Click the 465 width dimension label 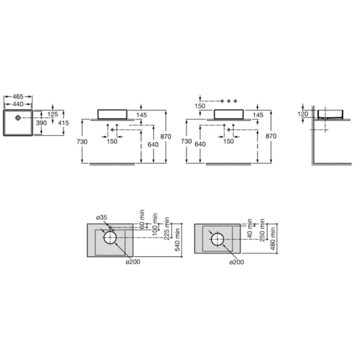tap(18, 97)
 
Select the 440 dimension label tap(18, 104)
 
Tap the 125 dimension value tap(53, 115)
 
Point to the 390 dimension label tap(41, 123)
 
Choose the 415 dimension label tap(64, 123)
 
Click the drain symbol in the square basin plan tap(18, 118)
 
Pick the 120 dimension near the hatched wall tap(302, 114)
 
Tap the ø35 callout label tap(102, 217)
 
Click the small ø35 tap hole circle tap(110, 227)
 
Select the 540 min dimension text tap(178, 240)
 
